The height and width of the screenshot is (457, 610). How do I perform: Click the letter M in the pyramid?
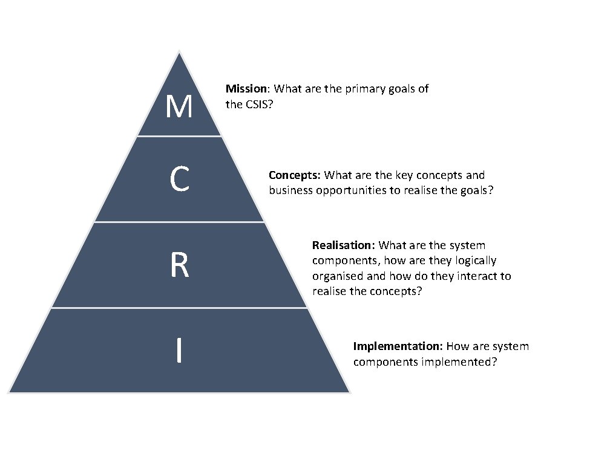pyautogui.click(x=179, y=107)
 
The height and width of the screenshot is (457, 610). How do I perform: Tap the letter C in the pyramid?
pyautogui.click(x=179, y=180)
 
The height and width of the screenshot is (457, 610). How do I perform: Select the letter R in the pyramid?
pyautogui.click(x=179, y=265)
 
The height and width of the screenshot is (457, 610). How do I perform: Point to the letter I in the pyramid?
pyautogui.click(x=179, y=351)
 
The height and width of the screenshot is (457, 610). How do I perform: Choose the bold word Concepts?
pyautogui.click(x=294, y=175)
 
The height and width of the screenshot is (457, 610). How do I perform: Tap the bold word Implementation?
pyautogui.click(x=398, y=346)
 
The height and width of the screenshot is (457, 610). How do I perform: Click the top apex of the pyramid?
pyautogui.click(x=179, y=53)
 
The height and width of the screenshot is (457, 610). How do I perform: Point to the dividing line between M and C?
pyautogui.click(x=179, y=136)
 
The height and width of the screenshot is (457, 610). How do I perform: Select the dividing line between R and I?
pyautogui.click(x=179, y=308)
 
